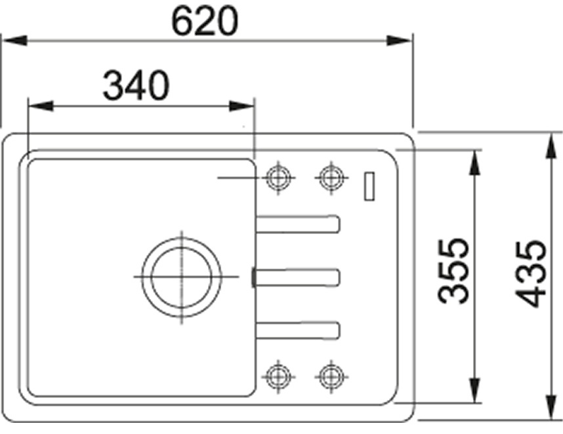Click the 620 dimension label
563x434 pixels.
pyautogui.click(x=205, y=21)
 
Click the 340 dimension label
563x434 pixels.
pyautogui.click(x=136, y=86)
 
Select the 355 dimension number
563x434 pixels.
pyautogui.click(x=453, y=271)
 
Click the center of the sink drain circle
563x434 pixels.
pyautogui.click(x=181, y=277)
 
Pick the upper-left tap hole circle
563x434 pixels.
pyautogui.click(x=278, y=178)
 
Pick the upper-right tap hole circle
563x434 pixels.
pyautogui.click(x=331, y=177)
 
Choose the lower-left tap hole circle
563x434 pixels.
pyautogui.click(x=278, y=376)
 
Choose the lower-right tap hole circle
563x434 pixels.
pyautogui.click(x=331, y=376)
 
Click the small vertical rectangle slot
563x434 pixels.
pyautogui.click(x=369, y=186)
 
